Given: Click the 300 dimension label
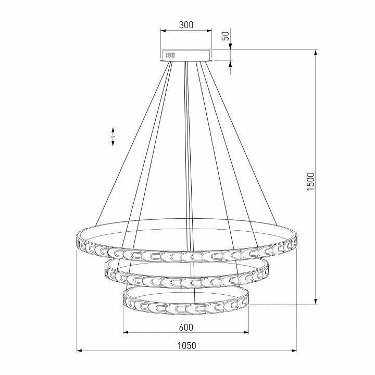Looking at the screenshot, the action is (186, 25).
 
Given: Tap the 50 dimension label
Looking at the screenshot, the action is (226, 36).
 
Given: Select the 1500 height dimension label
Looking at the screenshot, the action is (310, 181).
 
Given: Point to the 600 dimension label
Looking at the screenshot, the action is (186, 328).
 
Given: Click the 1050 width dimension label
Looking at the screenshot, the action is (186, 346).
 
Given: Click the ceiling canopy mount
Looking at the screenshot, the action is (186, 55).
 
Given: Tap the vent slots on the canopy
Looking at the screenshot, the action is (170, 56).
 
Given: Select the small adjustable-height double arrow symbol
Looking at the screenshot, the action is (113, 136).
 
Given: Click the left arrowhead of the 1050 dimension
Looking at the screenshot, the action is (79, 351).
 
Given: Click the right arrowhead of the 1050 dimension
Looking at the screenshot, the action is (294, 351).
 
